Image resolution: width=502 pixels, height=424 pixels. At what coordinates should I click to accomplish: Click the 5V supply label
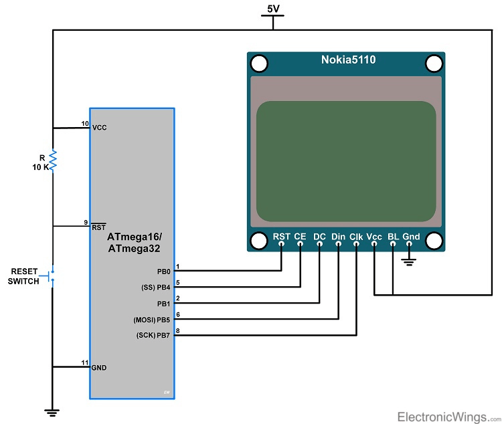point(272,10)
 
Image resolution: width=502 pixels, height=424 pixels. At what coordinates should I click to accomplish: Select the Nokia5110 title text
point(347,60)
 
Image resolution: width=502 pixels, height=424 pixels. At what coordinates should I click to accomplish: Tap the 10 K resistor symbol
point(53,161)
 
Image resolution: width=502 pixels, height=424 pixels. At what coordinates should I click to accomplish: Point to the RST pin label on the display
point(281,237)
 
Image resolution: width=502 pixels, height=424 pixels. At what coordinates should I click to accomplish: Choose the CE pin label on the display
point(300,237)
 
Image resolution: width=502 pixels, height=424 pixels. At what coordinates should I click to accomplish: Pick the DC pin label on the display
point(319,237)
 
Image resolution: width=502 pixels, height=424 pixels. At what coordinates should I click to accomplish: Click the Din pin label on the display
point(338,237)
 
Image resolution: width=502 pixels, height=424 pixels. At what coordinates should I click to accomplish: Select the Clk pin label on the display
point(356,237)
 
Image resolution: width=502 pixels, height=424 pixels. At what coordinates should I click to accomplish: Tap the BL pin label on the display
point(393,237)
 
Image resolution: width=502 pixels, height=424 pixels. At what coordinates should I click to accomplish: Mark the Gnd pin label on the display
point(411,237)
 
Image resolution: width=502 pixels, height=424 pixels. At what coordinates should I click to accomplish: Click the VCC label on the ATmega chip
point(99,127)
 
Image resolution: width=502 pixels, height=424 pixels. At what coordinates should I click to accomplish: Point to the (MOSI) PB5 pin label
point(154,319)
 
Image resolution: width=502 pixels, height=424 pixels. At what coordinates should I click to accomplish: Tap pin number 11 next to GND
point(84,362)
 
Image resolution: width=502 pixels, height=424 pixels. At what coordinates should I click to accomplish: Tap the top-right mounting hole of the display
point(434,63)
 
